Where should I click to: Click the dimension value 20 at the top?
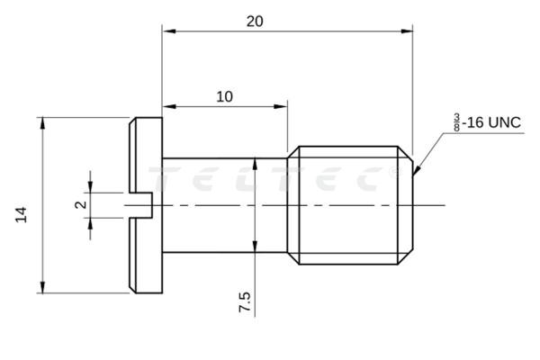pos(255,22)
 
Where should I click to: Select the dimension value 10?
pos(224,96)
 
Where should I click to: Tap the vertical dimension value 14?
pos(22,213)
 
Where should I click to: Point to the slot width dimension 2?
pos(80,205)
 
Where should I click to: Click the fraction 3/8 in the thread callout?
pos(456,121)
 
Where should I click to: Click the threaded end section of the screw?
pos(351,205)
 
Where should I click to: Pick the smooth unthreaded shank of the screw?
pos(225,205)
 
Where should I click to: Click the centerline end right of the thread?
pos(444,205)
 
